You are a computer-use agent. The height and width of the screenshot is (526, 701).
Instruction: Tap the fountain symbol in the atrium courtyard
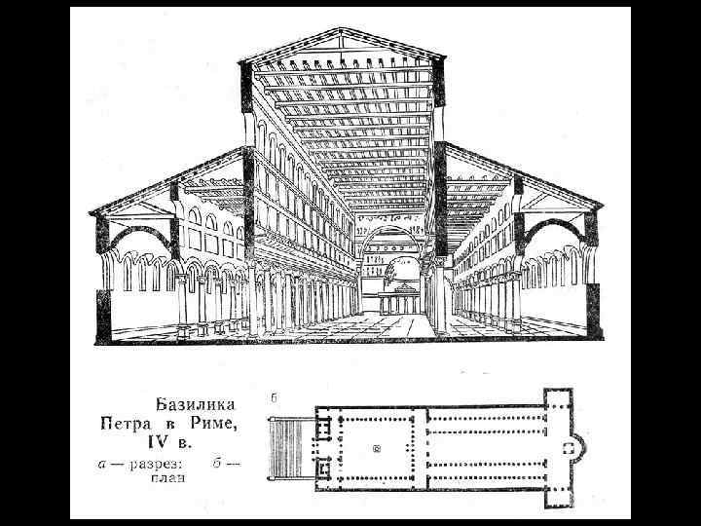tap(376, 449)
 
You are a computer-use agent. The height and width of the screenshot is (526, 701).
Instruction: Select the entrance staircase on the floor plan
tap(289, 448)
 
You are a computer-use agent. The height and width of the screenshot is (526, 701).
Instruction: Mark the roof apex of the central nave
tap(342, 30)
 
